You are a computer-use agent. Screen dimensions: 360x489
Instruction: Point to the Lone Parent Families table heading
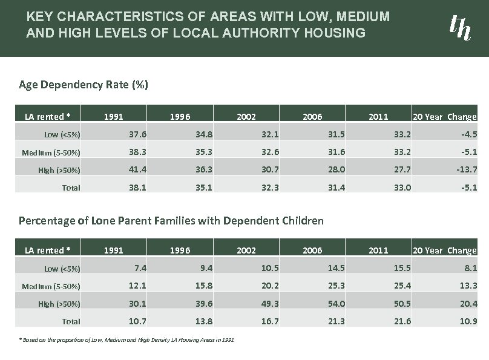click(x=171, y=220)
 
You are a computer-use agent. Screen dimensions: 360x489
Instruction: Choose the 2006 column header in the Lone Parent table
click(x=313, y=250)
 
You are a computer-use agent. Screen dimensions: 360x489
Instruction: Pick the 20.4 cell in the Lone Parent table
click(x=467, y=303)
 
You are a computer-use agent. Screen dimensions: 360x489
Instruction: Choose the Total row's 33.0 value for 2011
click(x=403, y=188)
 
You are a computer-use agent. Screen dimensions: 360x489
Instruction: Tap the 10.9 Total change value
click(x=467, y=321)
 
